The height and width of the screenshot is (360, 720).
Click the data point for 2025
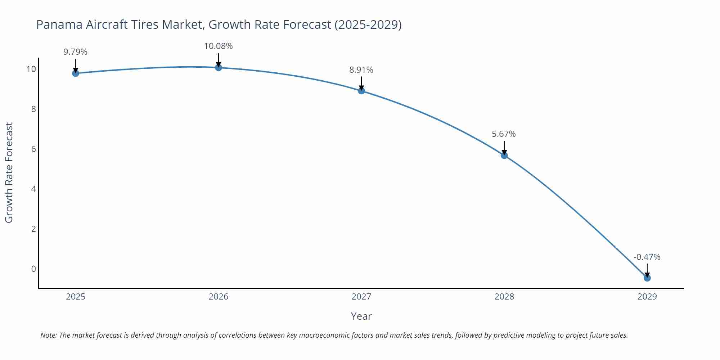76,73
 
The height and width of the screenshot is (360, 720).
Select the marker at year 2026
219,67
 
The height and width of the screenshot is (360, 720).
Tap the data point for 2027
361,91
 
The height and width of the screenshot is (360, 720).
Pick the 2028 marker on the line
504,155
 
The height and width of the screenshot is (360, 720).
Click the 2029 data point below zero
647,278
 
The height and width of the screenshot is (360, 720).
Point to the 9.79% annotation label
76,52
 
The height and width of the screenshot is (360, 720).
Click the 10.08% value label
219,46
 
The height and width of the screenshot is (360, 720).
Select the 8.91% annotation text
361,70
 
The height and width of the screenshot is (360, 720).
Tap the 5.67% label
504,134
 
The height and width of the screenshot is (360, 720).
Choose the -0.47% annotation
647,257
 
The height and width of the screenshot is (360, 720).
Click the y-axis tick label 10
31,69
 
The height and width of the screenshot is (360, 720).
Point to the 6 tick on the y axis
33,149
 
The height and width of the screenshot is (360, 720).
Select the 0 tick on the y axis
33,269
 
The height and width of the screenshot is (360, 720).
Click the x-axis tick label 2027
361,297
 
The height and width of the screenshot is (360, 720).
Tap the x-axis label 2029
647,297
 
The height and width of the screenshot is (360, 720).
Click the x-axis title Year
361,316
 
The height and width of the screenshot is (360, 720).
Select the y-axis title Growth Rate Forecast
9,172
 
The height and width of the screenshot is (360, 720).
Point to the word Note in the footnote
48,335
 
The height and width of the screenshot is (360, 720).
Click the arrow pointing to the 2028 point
504,148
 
